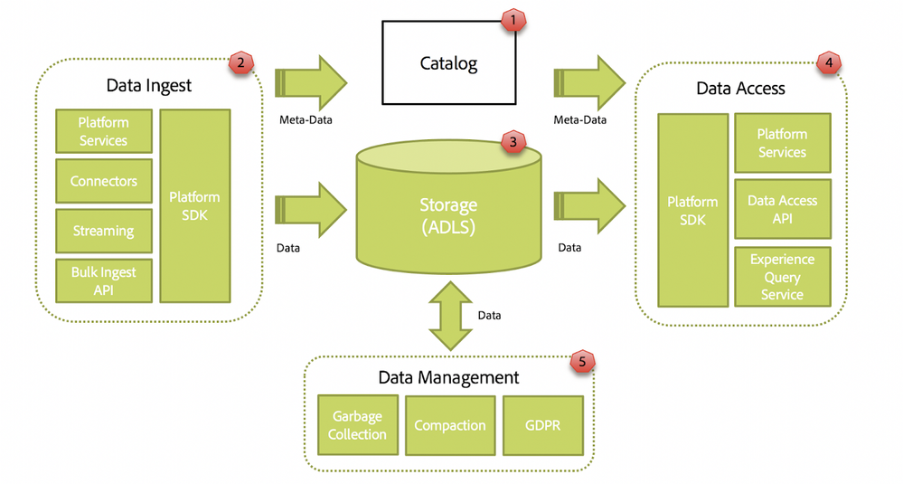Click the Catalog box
[x=448, y=63]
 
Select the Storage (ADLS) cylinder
[x=448, y=214]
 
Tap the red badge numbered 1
[x=513, y=19]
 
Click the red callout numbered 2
[x=240, y=62]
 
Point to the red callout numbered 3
[x=513, y=142]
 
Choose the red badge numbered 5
[x=582, y=362]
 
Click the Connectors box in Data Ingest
[x=104, y=181]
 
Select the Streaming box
[x=104, y=231]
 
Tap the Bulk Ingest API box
[x=104, y=280]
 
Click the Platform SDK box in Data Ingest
[x=194, y=206]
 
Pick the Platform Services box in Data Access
[x=782, y=143]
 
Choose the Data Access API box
[x=782, y=209]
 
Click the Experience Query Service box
[x=782, y=277]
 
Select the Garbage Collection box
[x=357, y=425]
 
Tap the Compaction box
[x=450, y=425]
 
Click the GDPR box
[x=542, y=425]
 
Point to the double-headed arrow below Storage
[x=449, y=316]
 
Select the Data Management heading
[x=448, y=377]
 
